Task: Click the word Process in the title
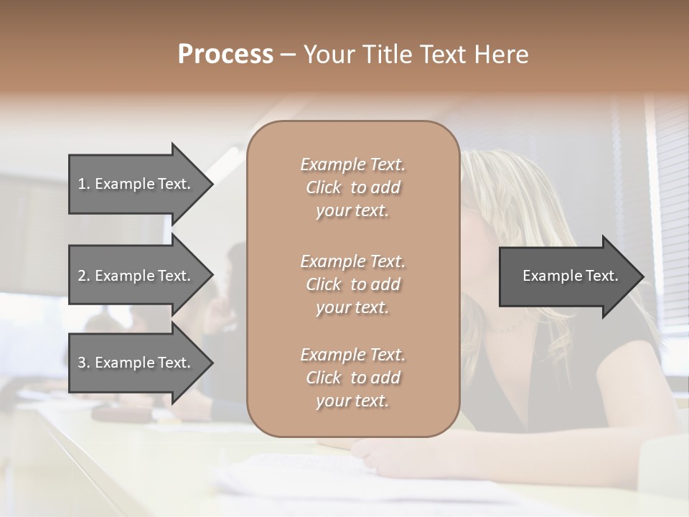click(225, 55)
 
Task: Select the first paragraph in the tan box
click(352, 187)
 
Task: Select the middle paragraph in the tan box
click(352, 284)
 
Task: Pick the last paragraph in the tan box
click(352, 378)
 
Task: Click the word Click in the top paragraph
click(324, 187)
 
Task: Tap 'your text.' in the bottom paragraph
click(352, 401)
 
